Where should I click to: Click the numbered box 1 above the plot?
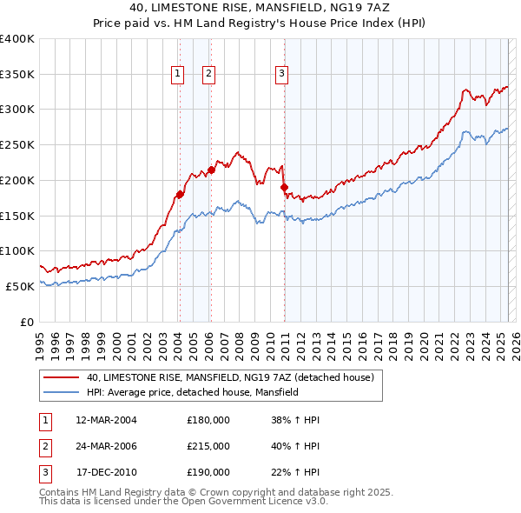click(177, 75)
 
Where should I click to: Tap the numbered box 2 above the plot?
click(209, 75)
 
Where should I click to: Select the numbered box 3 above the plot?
click(282, 75)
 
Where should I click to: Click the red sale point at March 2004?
click(180, 194)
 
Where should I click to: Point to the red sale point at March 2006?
click(211, 170)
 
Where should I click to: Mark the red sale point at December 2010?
click(284, 187)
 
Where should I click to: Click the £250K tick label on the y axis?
click(17, 144)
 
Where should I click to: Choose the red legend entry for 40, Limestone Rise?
click(230, 377)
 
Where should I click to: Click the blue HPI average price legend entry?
click(193, 393)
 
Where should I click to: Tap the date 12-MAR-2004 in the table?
click(107, 420)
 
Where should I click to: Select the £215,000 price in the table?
click(208, 446)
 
